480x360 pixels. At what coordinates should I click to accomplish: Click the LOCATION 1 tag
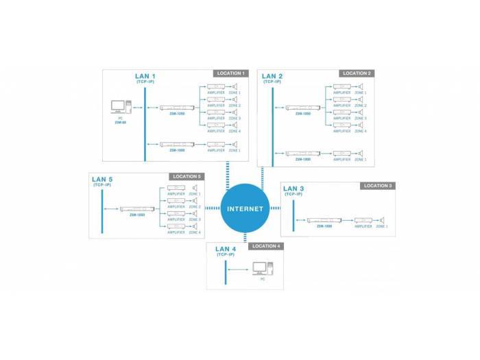pos(230,73)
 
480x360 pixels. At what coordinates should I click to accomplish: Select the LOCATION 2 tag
pos(357,73)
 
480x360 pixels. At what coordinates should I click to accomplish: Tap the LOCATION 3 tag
pos(378,186)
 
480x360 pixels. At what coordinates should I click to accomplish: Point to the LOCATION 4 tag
pos(265,245)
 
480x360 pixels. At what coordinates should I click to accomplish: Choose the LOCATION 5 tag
pos(186,177)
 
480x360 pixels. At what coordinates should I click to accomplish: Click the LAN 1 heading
pos(145,76)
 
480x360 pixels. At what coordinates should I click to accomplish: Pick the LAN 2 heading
pos(272,76)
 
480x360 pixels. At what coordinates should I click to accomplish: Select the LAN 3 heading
pos(294,189)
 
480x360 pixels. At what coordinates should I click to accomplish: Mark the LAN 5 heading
pos(102,180)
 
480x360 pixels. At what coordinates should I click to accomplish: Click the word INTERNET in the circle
pos(245,208)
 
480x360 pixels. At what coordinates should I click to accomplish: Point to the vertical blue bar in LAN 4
pos(226,273)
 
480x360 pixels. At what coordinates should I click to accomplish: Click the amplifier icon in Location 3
pos(363,220)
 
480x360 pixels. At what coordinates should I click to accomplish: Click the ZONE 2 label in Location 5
pos(195,206)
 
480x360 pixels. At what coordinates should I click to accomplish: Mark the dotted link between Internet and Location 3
pos(275,208)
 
